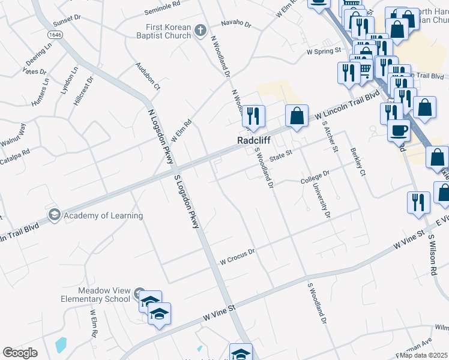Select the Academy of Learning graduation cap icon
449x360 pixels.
(54, 215)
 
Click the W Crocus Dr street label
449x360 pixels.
(238, 257)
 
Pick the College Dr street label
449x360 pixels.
(315, 177)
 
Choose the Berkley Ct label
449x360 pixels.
(355, 161)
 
